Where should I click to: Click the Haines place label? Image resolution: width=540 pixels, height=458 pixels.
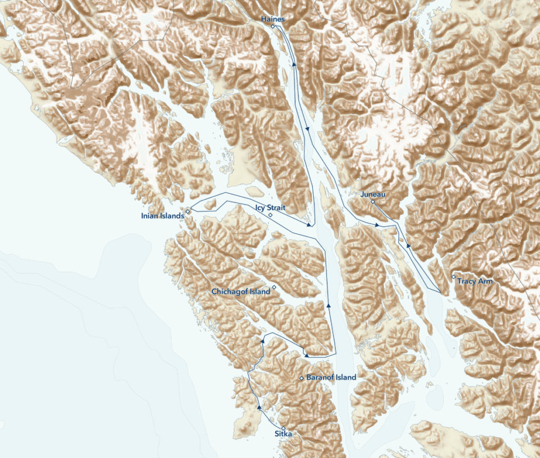273,20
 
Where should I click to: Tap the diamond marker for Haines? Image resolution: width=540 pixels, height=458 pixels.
273,26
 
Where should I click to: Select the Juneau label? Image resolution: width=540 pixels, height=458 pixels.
373,195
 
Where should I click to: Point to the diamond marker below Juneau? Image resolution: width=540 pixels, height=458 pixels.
373,202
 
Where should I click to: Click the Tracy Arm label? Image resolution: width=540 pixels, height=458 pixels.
475,281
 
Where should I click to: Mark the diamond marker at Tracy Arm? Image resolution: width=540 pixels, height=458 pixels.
454,276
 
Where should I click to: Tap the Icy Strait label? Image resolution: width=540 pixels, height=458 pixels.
270,208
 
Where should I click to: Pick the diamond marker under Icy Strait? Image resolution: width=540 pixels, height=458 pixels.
270,215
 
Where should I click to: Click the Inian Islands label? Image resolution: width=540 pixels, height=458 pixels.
162,216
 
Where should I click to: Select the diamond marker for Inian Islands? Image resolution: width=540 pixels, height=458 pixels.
187,212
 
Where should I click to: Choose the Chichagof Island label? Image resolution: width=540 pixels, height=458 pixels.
240,292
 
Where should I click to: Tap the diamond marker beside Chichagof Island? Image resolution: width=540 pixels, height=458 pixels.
274,287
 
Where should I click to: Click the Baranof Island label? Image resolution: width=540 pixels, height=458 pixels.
331,377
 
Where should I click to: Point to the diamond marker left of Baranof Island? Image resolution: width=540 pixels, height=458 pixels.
301,378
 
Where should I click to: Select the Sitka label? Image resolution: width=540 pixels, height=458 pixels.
283,434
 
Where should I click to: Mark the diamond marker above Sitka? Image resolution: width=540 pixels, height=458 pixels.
283,428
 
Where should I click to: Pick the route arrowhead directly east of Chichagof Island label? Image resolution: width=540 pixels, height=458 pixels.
329,305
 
